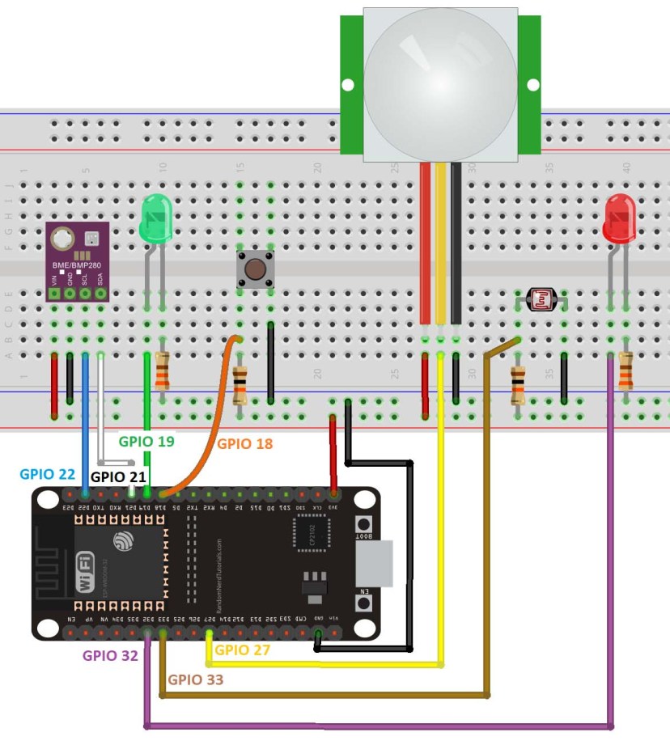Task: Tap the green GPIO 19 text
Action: (x=146, y=442)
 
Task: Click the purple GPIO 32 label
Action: (x=111, y=655)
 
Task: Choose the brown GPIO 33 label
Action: (x=195, y=679)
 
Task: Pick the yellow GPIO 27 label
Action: (x=242, y=650)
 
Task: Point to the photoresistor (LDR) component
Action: (x=541, y=300)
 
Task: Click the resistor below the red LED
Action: (x=625, y=372)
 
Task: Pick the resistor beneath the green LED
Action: (x=163, y=372)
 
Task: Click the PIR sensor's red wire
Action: (x=425, y=243)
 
